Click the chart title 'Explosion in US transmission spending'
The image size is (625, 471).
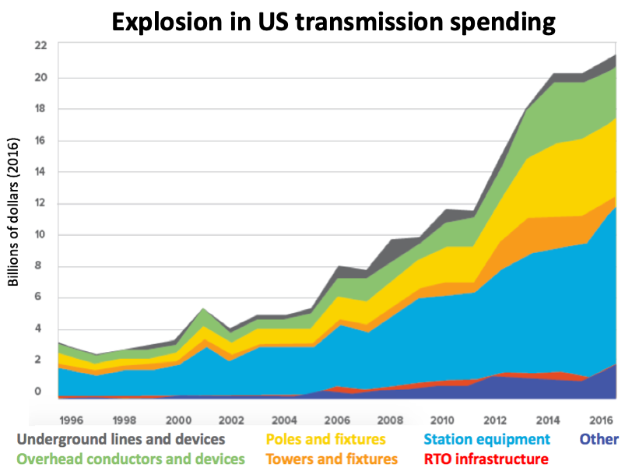pyautogui.click(x=333, y=21)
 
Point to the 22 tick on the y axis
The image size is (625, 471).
pyautogui.click(x=40, y=46)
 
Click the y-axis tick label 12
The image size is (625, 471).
pyautogui.click(x=40, y=203)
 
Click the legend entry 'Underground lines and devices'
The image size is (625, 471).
pyautogui.click(x=121, y=440)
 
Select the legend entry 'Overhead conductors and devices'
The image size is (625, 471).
pyautogui.click(x=130, y=459)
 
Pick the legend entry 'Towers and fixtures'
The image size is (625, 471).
pyautogui.click(x=331, y=459)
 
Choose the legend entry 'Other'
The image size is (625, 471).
pyautogui.click(x=599, y=440)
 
